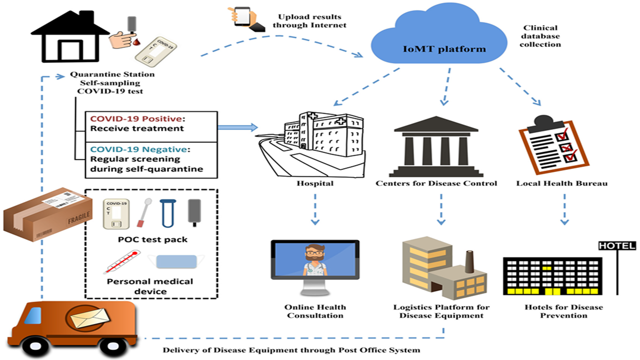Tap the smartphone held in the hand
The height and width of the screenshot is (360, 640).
[x=242, y=16]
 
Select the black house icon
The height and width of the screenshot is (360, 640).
[x=70, y=36]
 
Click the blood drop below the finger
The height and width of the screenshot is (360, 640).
[x=136, y=42]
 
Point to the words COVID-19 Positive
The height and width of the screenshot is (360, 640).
[x=136, y=118]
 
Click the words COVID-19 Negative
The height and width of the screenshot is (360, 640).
[x=138, y=149]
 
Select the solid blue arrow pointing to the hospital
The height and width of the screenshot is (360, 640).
[x=237, y=127]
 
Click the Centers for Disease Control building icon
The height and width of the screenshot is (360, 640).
[x=436, y=146]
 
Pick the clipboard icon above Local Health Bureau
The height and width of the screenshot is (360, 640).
[x=553, y=144]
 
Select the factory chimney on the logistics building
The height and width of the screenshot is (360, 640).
[x=469, y=261]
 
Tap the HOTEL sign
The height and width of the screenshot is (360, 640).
[x=617, y=245]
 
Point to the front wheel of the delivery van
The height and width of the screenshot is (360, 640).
[x=35, y=346]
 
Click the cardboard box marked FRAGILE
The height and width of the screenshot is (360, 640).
[x=47, y=214]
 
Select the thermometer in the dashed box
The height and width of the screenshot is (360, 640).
[x=121, y=262]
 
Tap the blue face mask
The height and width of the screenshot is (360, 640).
[x=176, y=261]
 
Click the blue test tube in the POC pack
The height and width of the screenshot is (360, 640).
[x=167, y=213]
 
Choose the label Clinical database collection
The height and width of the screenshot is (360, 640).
[x=540, y=36]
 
